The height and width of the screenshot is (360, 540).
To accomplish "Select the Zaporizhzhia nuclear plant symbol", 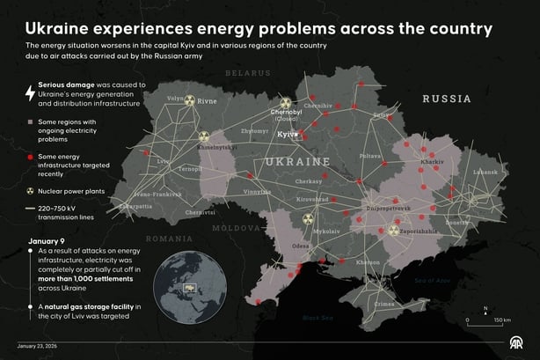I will click(x=394, y=230).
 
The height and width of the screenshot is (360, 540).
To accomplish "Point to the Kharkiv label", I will click(x=432, y=163).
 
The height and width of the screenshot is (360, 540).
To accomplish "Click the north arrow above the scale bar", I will click(x=485, y=310).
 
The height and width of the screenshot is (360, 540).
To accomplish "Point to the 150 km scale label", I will click(x=502, y=320).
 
